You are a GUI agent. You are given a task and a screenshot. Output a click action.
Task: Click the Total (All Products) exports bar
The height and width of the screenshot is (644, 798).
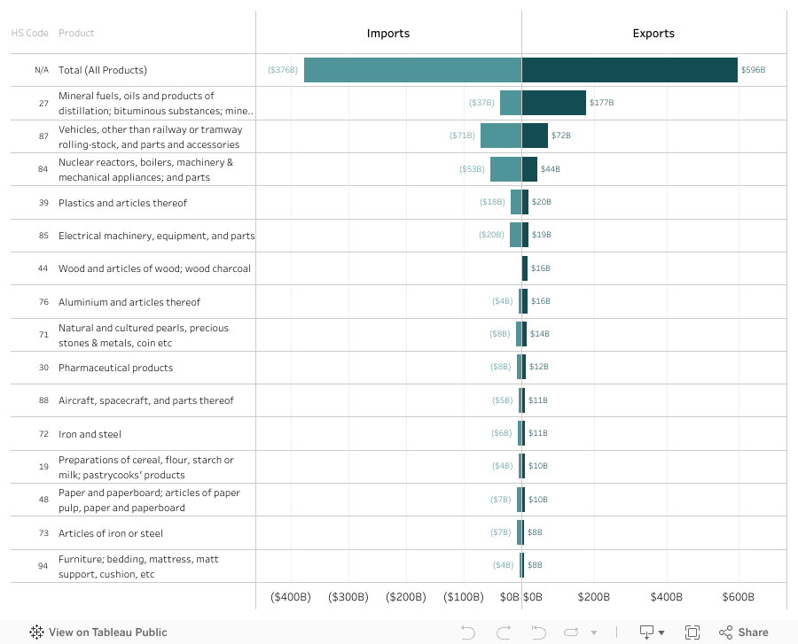coord(630,70)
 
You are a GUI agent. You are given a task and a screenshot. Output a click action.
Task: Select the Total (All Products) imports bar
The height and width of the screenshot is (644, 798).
coord(412,70)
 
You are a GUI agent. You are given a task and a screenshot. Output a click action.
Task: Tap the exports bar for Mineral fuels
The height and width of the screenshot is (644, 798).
coord(553,103)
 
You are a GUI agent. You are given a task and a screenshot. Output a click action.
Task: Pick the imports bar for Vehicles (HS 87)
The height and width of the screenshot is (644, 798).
coord(500,136)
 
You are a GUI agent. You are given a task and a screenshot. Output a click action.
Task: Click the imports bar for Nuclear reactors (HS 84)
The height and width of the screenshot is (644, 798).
coord(505,168)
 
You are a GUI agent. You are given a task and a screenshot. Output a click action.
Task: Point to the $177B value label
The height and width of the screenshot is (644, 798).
coord(602,103)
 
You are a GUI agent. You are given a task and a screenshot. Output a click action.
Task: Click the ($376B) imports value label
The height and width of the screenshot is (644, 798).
coord(283,70)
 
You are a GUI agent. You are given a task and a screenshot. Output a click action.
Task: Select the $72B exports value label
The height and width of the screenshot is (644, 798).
coord(561,136)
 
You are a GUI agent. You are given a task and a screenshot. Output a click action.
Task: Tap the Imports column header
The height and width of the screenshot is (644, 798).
coord(388,34)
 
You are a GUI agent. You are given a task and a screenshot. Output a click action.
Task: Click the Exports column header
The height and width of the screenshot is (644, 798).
coord(653,34)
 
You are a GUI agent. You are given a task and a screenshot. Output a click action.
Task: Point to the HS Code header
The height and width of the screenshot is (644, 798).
coord(29,34)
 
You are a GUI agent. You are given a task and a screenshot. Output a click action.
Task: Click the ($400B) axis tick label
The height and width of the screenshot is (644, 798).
coord(291,597)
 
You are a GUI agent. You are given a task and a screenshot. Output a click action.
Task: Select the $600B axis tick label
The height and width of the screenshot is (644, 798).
coord(739,597)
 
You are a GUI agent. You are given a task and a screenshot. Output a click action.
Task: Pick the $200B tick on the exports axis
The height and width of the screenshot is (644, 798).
coord(594,597)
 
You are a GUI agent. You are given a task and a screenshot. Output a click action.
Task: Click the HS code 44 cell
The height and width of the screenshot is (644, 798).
coord(43,268)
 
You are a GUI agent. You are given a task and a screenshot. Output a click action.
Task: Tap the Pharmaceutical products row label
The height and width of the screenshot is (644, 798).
coord(116,368)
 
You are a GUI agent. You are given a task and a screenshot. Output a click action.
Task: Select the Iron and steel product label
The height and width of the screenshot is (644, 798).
coord(90,434)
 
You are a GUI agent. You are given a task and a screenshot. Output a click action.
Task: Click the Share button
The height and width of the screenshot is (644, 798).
coord(744,632)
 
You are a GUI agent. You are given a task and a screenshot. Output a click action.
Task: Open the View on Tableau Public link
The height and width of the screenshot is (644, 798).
coord(98,632)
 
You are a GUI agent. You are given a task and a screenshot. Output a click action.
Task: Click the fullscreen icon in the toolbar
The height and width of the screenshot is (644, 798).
coord(692,632)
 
